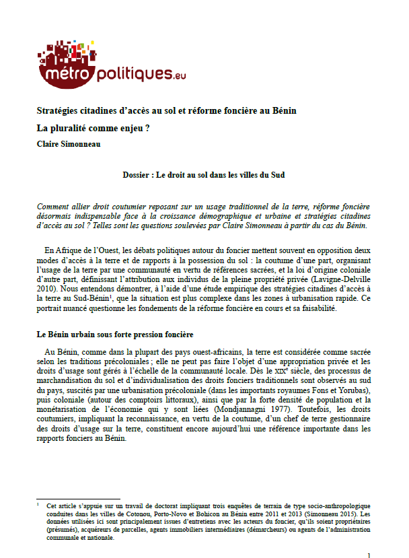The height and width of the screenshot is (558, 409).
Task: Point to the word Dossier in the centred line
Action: [x=137, y=175]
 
